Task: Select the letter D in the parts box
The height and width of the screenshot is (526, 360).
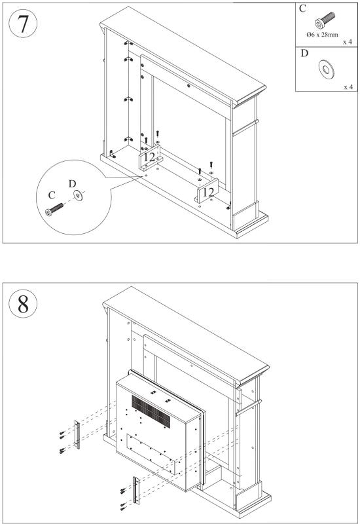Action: (x=304, y=53)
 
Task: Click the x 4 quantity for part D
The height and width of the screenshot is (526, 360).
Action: (x=347, y=86)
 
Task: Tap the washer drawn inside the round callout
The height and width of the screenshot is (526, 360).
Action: (x=79, y=195)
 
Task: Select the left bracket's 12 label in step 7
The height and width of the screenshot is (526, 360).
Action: (x=150, y=157)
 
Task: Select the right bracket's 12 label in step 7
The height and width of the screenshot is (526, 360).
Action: (x=208, y=191)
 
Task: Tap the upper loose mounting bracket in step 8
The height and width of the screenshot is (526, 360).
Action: (x=77, y=434)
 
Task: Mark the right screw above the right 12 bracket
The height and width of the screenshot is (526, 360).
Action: (x=211, y=165)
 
